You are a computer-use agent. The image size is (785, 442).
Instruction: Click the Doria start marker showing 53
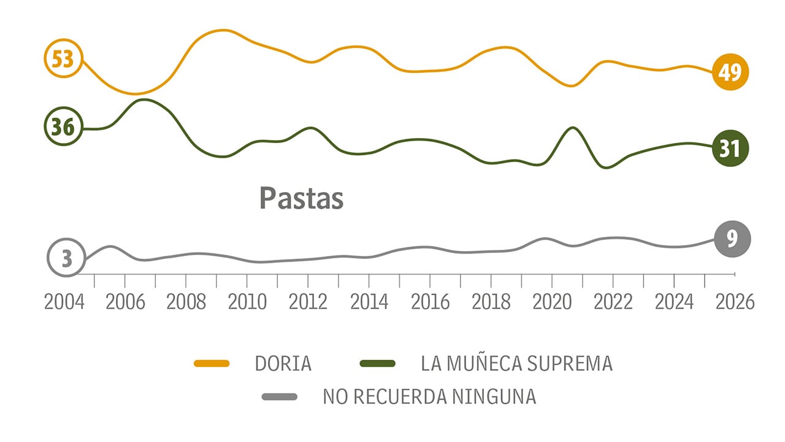(x=63, y=59)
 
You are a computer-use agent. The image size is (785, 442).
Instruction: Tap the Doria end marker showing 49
(x=730, y=72)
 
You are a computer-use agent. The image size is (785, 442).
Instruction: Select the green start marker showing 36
(x=63, y=127)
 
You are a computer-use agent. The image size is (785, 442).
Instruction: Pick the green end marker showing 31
(x=730, y=149)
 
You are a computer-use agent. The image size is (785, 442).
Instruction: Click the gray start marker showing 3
(x=66, y=258)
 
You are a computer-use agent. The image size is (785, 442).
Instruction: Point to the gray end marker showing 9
(x=732, y=238)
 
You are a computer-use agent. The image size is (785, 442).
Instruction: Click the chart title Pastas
(x=301, y=198)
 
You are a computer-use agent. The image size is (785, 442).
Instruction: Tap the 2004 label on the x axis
(x=64, y=302)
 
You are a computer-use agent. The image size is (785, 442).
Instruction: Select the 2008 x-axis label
(x=186, y=302)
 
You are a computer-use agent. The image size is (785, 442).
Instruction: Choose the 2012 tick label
(x=308, y=302)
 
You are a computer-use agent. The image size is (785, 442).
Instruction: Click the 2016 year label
(x=430, y=302)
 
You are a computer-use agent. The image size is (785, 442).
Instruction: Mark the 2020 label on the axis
(x=552, y=302)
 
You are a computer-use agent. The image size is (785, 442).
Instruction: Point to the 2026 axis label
(x=735, y=302)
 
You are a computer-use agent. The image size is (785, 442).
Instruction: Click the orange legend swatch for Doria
(x=212, y=363)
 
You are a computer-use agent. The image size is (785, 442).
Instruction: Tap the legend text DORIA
(x=283, y=363)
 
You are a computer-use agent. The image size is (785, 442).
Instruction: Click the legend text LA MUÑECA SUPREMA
(x=516, y=363)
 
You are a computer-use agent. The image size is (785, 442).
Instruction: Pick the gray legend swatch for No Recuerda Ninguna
(x=280, y=397)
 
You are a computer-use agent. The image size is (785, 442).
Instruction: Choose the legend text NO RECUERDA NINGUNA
(x=429, y=397)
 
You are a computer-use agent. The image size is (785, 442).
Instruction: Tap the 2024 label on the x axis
(x=674, y=302)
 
